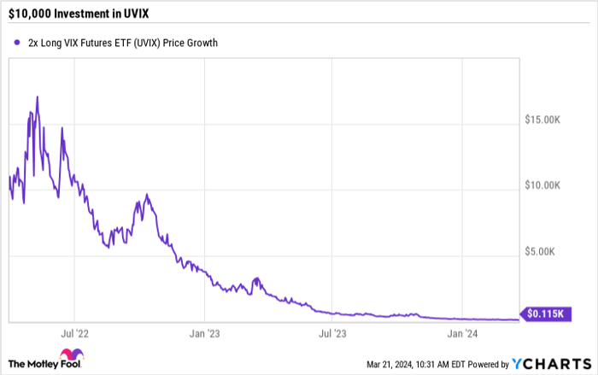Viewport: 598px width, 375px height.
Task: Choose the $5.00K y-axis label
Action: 542,252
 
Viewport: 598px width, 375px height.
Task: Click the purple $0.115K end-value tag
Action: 544,314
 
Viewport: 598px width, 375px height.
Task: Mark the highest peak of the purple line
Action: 37,97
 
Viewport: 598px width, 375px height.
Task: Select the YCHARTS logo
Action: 553,362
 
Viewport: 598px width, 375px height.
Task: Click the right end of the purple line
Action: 518,319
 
